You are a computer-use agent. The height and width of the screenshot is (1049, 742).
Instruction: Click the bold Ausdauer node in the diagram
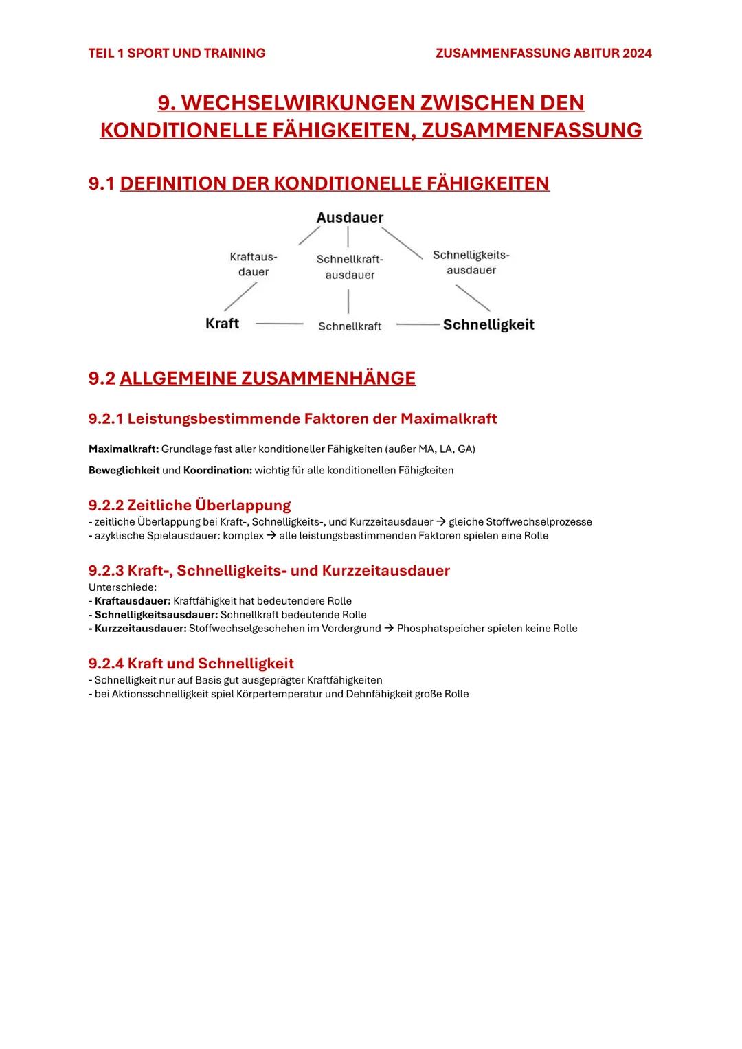(x=350, y=218)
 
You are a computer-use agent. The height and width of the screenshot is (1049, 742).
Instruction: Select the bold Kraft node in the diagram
(x=222, y=324)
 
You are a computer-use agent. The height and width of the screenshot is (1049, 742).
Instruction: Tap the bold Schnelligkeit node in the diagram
(x=488, y=325)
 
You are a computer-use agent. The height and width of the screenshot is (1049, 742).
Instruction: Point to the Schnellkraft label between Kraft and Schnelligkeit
(x=350, y=326)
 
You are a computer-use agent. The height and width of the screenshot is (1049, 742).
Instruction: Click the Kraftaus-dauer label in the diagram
(x=253, y=264)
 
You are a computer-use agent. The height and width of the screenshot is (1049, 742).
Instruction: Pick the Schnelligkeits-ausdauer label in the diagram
(x=471, y=262)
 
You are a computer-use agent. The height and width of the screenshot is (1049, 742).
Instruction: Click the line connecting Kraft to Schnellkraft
(x=279, y=324)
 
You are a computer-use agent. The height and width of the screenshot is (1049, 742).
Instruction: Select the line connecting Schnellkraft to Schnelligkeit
(x=417, y=324)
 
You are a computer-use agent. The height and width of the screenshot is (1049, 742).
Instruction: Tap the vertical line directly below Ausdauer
(x=348, y=237)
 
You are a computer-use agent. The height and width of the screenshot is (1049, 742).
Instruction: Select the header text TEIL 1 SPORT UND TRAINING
(x=177, y=54)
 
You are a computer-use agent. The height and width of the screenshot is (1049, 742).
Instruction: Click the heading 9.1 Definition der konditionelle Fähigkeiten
(x=319, y=183)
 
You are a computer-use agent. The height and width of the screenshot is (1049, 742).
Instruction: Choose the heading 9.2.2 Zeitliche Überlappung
(x=190, y=506)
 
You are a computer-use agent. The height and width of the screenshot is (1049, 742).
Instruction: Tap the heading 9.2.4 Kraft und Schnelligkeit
(x=191, y=664)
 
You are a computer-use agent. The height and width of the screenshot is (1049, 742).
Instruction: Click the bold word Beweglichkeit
(x=124, y=471)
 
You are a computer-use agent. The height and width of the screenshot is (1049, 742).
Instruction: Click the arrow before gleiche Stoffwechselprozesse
(x=440, y=522)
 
